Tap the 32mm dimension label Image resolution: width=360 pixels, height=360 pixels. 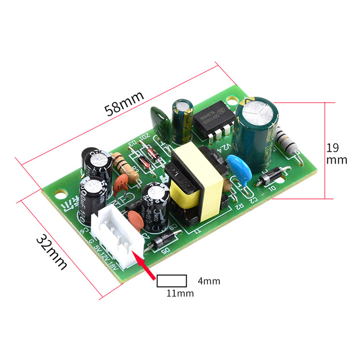pyautogui.click(x=52, y=252)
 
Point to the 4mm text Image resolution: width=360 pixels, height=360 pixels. pyautogui.click(x=209, y=281)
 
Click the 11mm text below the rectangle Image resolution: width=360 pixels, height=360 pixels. pyautogui.click(x=180, y=293)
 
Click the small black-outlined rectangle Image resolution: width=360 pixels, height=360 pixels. pyautogui.click(x=172, y=281)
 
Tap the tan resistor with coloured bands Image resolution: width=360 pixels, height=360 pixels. pyautogui.click(x=126, y=167)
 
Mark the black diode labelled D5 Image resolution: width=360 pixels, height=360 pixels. pyautogui.click(x=164, y=241)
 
